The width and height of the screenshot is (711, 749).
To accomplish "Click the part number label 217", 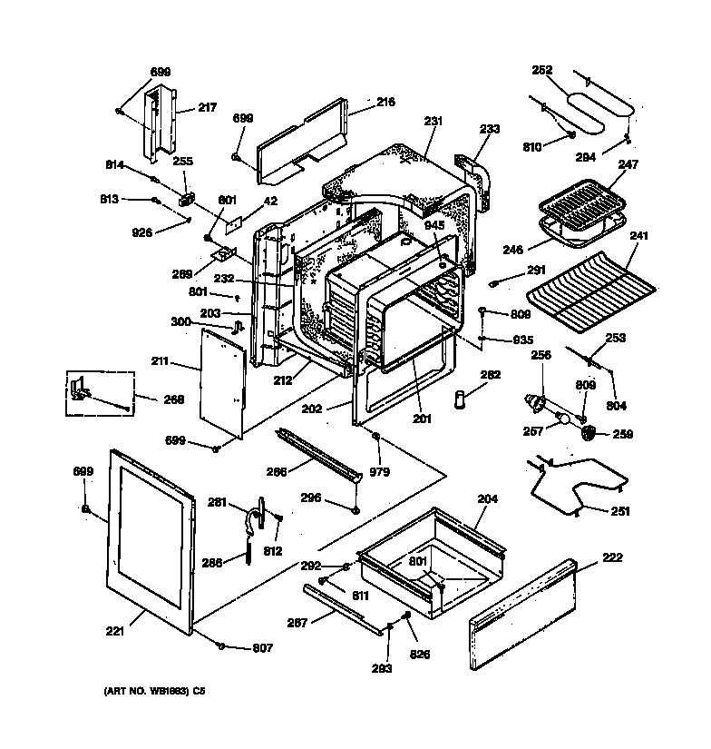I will point(207,107).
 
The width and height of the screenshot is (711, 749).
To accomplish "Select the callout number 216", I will point(385,103).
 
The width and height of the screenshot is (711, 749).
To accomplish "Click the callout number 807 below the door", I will point(261,648).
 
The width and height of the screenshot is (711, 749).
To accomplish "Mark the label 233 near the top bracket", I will point(489,130).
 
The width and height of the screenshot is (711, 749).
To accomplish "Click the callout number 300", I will point(181,321).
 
